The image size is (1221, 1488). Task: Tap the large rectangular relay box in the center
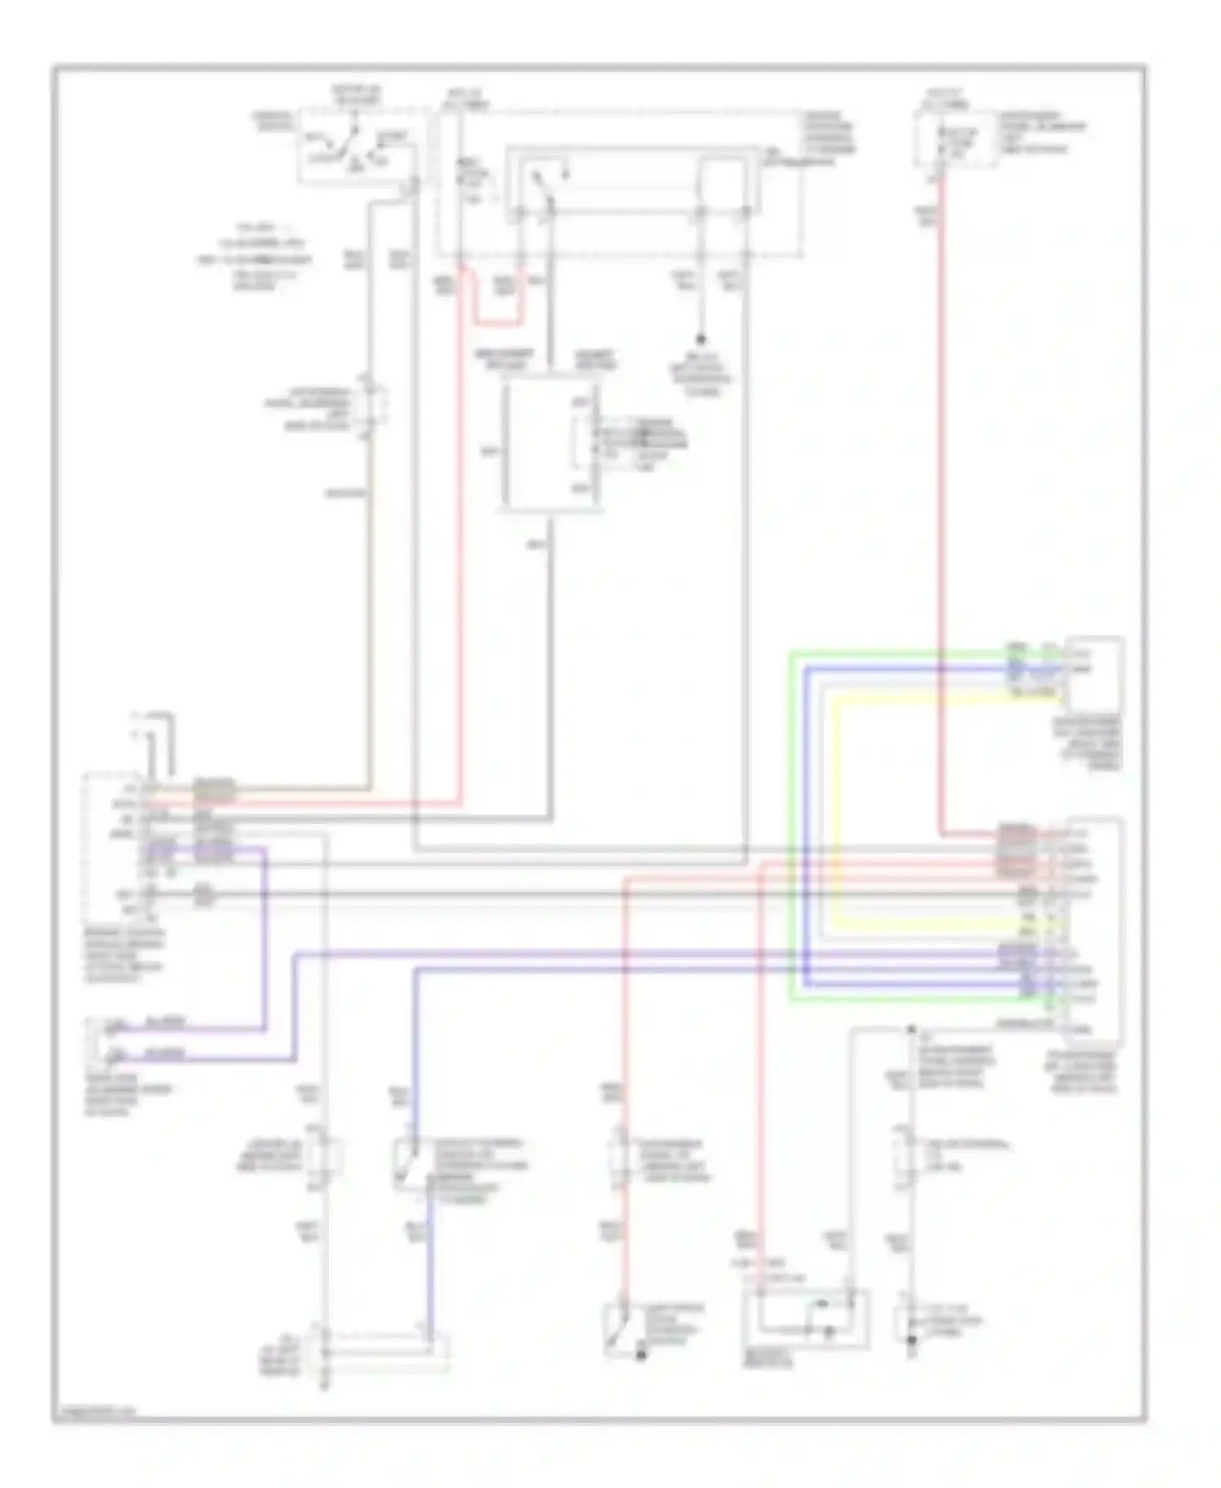click(x=551, y=447)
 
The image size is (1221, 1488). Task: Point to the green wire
click(x=790, y=822)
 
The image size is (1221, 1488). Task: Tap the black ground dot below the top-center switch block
click(x=700, y=339)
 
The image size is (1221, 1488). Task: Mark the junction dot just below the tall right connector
click(x=911, y=1030)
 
